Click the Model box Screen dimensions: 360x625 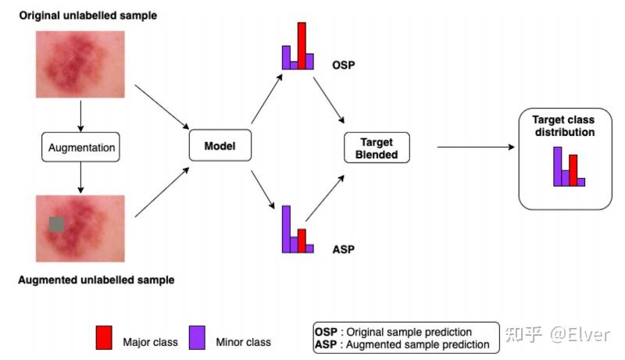coord(220,146)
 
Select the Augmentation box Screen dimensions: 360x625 coord(81,146)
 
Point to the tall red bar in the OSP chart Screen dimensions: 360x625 coord(302,46)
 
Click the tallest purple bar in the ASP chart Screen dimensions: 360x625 coord(287,229)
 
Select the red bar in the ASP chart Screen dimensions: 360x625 coord(302,241)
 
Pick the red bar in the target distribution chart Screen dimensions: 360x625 coord(573,169)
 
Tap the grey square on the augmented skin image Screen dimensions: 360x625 coord(56,224)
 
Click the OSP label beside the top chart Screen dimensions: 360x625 coord(343,65)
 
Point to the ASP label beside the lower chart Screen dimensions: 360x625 coord(343,249)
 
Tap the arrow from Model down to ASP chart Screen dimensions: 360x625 coord(266,190)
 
